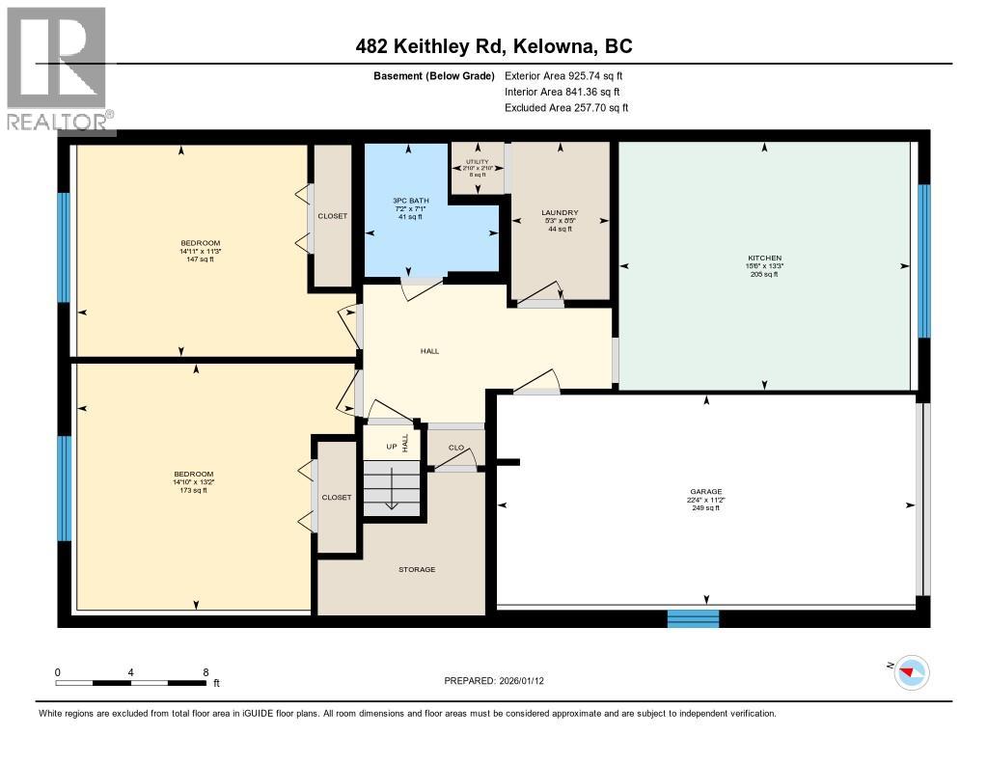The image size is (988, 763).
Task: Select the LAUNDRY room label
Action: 559,212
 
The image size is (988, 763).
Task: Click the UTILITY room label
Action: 478,162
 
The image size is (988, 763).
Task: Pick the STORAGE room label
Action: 417,569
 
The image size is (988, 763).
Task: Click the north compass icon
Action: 911,671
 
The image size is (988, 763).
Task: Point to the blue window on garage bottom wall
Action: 693,618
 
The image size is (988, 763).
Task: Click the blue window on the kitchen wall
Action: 923,260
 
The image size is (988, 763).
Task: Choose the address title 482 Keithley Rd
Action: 493,46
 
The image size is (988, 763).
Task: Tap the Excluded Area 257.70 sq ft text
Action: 566,108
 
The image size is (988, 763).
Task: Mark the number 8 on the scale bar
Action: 205,671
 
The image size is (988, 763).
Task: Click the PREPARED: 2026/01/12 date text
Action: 500,680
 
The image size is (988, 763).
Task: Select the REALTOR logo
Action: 57,68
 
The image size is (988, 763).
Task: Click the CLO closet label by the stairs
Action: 456,448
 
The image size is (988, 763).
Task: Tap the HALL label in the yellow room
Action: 429,351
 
